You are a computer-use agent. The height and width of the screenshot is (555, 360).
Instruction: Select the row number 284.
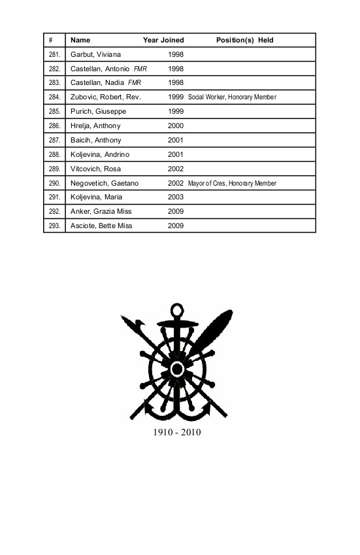coord(54,97)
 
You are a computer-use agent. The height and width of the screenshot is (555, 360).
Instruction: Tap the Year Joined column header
coord(163,40)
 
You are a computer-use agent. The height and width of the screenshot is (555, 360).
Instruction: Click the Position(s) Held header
coord(244,40)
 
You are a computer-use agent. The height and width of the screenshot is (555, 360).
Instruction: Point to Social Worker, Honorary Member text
coord(232,97)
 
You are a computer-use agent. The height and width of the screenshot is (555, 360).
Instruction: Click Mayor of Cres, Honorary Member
coord(232,184)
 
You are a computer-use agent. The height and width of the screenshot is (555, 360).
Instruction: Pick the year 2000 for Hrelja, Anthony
coord(176,126)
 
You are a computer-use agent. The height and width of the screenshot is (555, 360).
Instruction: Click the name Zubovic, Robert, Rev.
coord(105,97)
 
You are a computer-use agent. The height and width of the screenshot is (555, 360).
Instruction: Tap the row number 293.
coord(54,226)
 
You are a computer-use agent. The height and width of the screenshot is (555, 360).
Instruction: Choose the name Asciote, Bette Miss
coord(103,226)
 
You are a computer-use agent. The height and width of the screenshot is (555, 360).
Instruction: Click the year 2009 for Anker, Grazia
coord(176,212)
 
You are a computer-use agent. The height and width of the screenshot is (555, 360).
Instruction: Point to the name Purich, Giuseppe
coord(98,112)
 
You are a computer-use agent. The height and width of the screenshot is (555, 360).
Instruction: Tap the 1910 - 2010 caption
coord(176,432)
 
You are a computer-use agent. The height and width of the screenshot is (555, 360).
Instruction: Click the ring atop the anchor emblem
coord(176,309)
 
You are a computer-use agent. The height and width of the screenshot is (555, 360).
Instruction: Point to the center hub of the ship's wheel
coord(176,368)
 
